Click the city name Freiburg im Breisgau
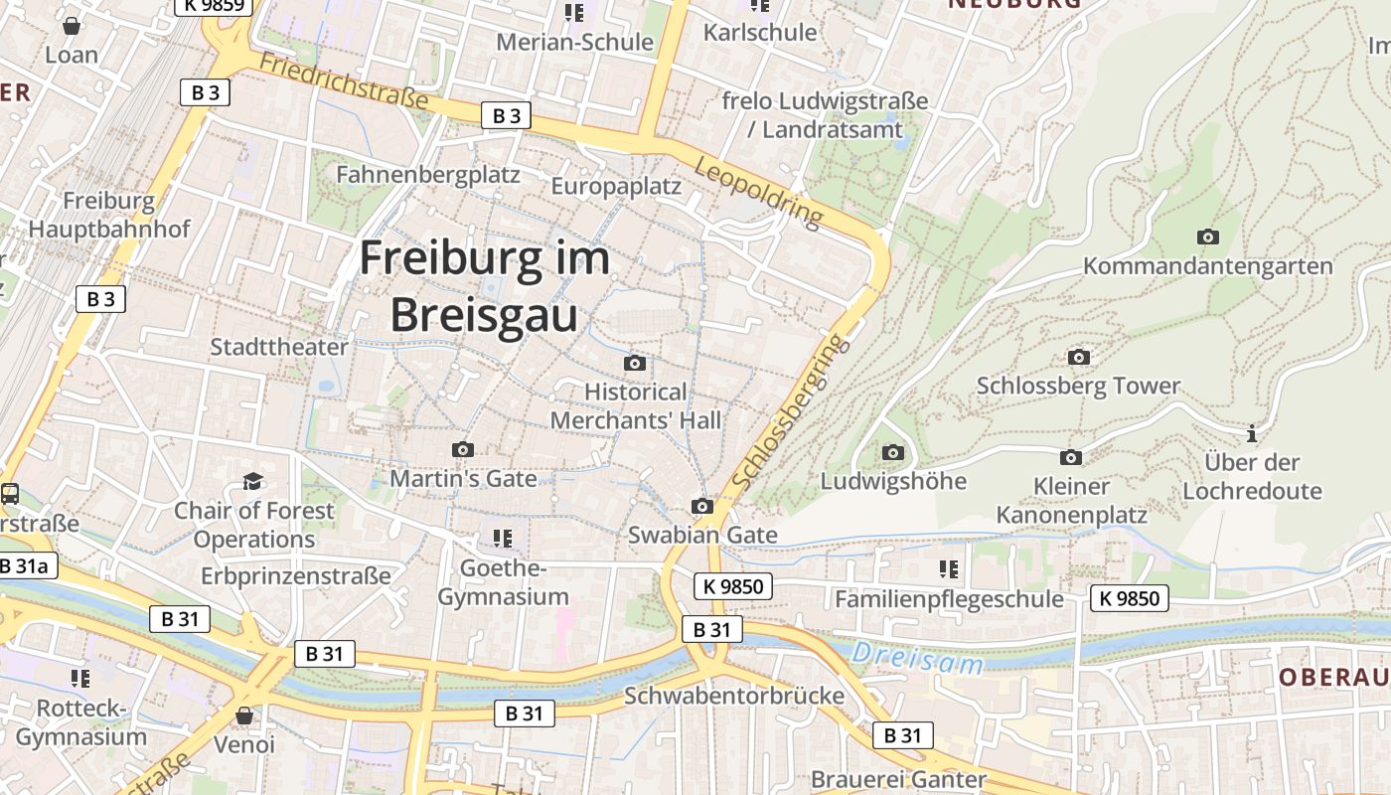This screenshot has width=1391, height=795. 484,286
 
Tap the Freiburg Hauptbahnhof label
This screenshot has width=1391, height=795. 109,215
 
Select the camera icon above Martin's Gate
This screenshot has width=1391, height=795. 462,450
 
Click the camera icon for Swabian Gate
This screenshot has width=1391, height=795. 702,506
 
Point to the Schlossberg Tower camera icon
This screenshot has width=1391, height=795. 1078,357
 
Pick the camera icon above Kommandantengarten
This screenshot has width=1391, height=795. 1207,237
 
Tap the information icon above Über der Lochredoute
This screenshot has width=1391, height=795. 1252,433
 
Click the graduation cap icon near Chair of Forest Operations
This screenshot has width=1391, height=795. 253,482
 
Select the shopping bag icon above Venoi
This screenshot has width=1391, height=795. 244,715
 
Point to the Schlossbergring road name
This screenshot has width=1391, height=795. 792,410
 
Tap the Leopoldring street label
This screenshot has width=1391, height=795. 760,190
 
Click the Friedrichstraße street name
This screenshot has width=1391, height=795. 343,80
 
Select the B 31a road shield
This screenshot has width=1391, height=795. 26,565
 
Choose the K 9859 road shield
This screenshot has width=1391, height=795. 214,5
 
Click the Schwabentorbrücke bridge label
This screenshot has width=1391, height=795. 733,695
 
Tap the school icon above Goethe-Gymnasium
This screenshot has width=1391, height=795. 502,539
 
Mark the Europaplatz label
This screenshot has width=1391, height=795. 616,186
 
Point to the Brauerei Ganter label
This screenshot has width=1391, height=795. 898,779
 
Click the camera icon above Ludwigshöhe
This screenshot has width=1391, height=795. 893,453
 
